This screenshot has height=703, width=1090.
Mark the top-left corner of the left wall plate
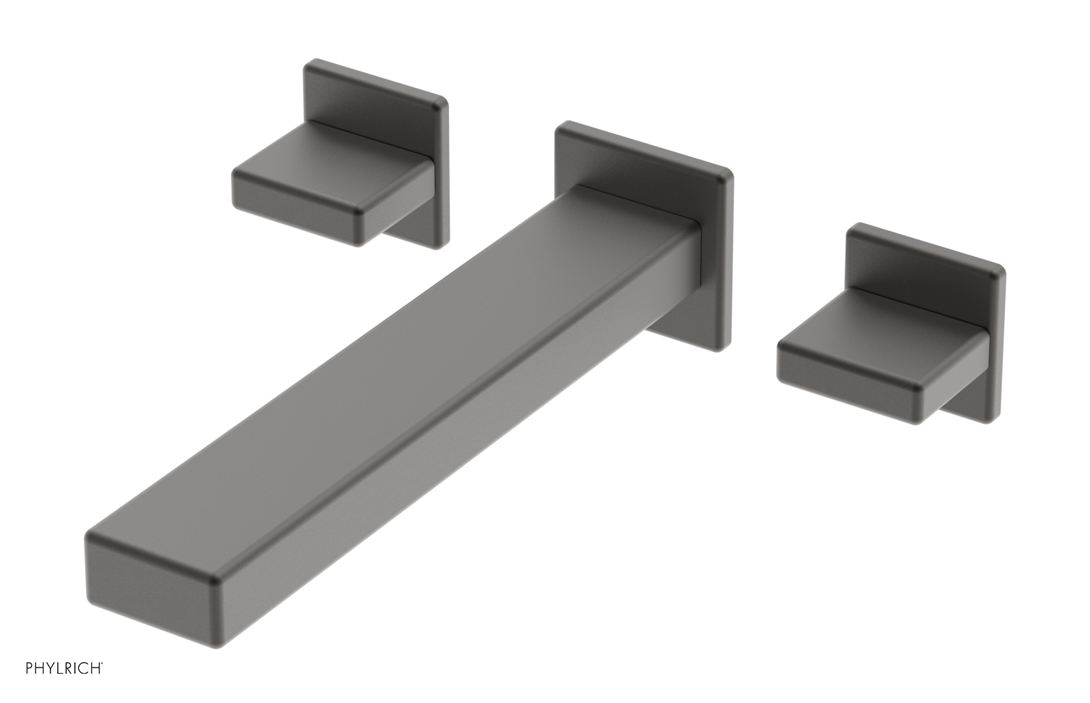tap(308, 63)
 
